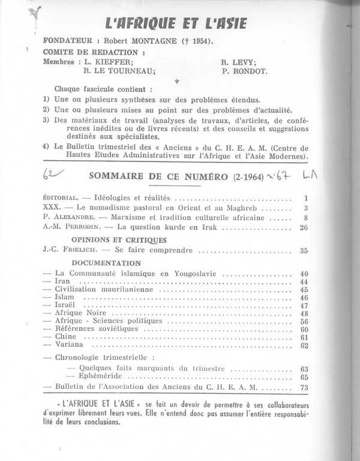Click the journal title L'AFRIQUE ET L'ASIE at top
click(x=175, y=24)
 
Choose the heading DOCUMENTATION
click(x=106, y=263)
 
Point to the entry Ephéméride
click(x=100, y=376)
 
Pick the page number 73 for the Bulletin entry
click(x=303, y=388)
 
